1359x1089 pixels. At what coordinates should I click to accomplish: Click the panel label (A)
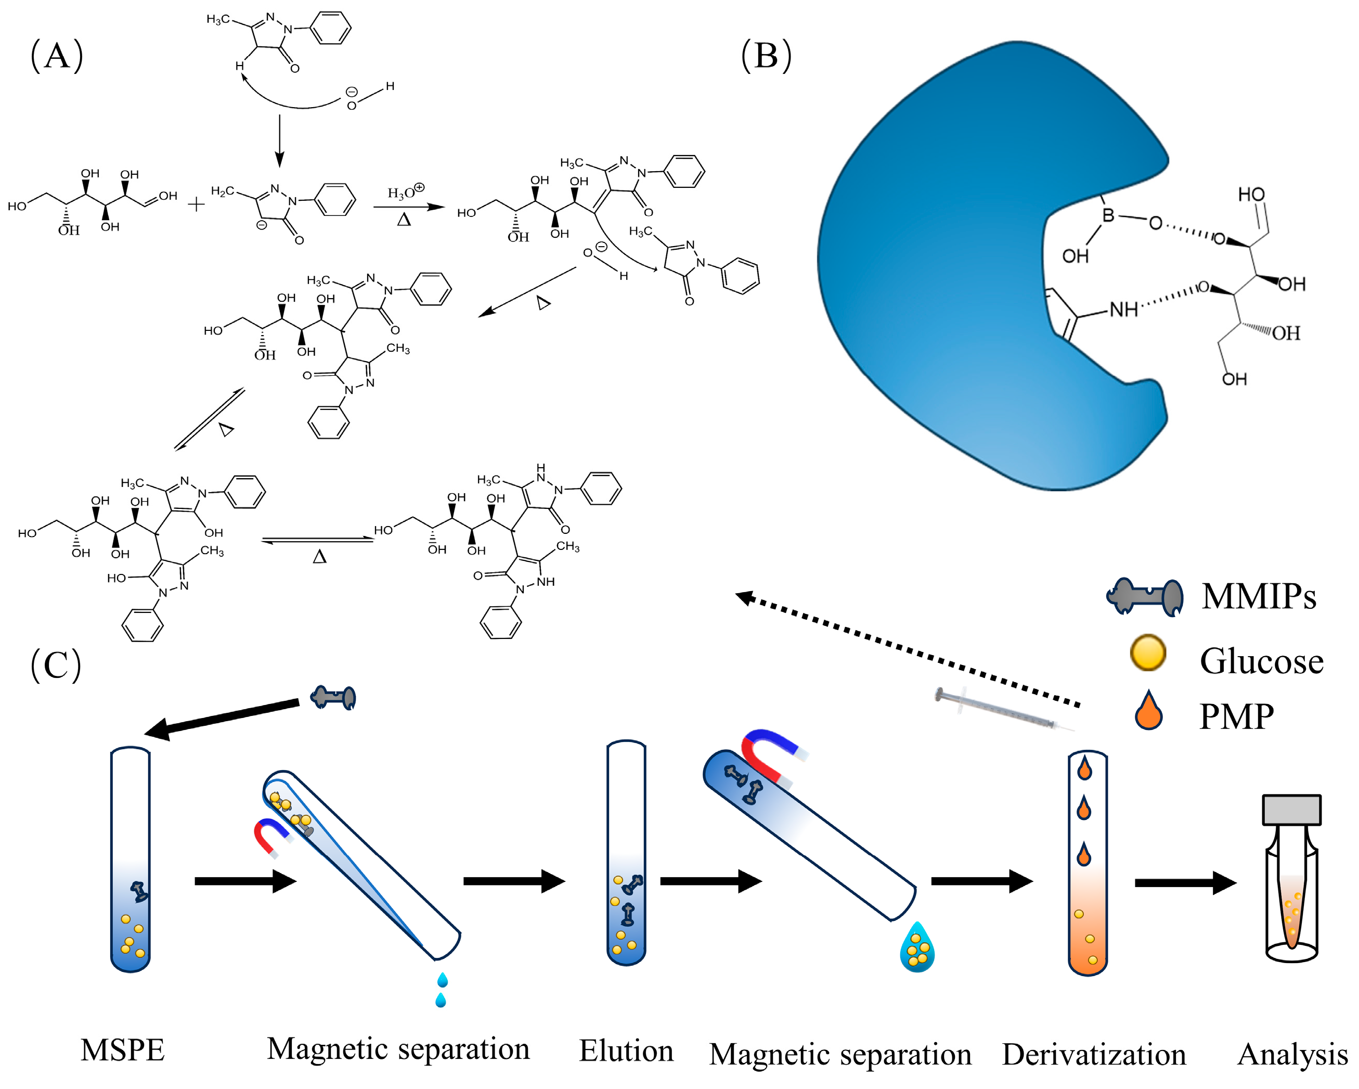[x=57, y=56]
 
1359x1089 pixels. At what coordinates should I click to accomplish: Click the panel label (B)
[x=766, y=56]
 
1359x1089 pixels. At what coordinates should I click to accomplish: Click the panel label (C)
[x=56, y=664]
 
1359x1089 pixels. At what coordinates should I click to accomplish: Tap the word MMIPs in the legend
[x=1258, y=596]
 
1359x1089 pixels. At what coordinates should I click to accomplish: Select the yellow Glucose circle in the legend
[x=1148, y=652]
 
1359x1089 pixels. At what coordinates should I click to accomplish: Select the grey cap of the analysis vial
[x=1291, y=810]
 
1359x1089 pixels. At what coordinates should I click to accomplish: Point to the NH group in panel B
[x=1123, y=310]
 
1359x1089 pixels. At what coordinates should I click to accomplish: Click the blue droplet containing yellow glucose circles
[x=917, y=948]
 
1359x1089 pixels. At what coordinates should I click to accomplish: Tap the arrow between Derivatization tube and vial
[x=1185, y=883]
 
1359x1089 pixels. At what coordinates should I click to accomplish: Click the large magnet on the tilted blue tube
[x=772, y=757]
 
